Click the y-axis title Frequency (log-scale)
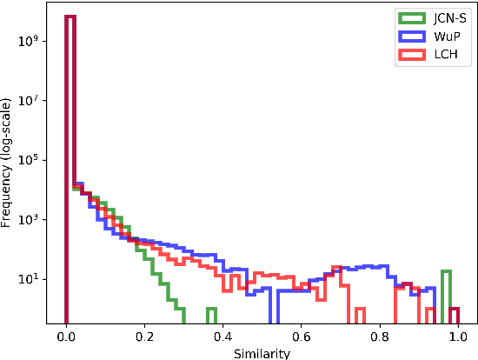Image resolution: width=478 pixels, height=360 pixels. [8, 164]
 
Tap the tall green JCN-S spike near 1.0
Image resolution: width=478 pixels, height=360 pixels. [446, 291]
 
